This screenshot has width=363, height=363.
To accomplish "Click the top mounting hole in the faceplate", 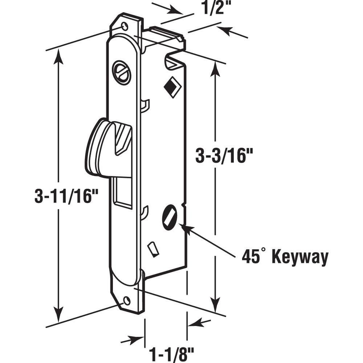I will (125, 26).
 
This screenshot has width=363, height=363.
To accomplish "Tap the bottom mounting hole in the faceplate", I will (127, 301).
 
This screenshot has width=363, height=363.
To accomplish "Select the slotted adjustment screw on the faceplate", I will (122, 73).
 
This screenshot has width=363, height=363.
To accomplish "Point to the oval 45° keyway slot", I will (169, 217).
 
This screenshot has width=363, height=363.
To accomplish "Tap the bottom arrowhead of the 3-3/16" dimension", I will (216, 305).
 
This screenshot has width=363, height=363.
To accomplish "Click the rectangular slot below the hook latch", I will (123, 192).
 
